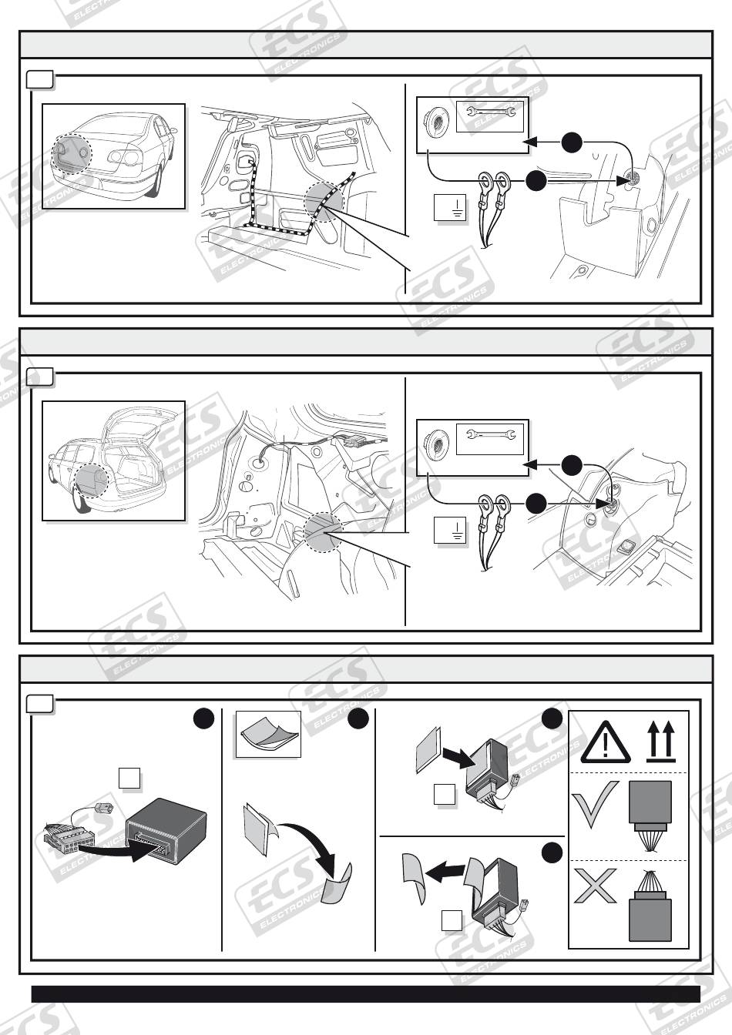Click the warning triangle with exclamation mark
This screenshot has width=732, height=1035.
pos(606,742)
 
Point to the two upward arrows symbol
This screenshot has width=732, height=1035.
pos(661,742)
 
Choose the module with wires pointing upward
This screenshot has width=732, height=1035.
pos(650,906)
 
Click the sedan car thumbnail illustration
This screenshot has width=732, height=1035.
pos(114,156)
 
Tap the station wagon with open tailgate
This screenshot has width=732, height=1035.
pos(114,461)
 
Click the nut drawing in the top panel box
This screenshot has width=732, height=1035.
pos(435,122)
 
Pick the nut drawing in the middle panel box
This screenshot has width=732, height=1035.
pos(435,445)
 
